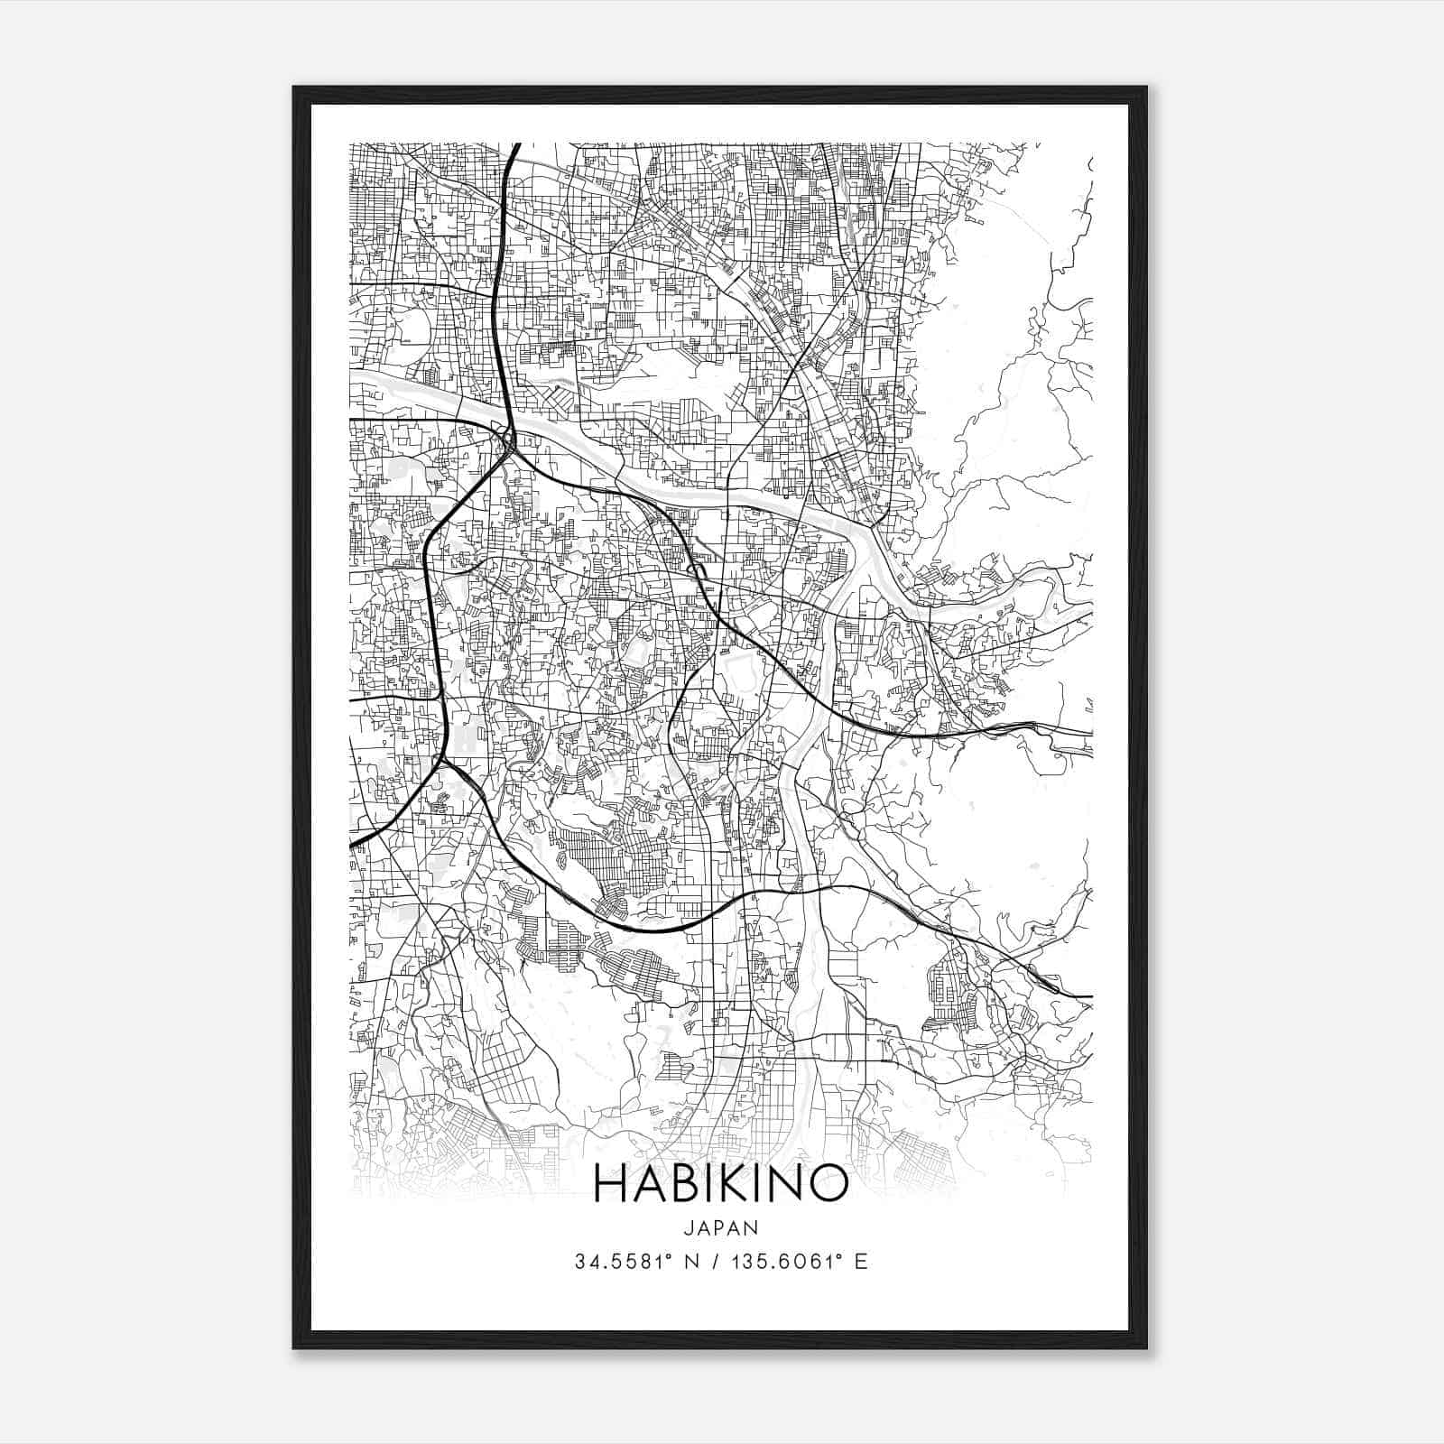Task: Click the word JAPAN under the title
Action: click(720, 1227)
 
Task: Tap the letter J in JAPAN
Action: click(689, 1227)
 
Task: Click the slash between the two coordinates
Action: click(714, 1262)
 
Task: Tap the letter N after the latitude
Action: click(693, 1262)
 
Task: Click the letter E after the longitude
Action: click(861, 1262)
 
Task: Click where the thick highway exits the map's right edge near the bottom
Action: click(1090, 996)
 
